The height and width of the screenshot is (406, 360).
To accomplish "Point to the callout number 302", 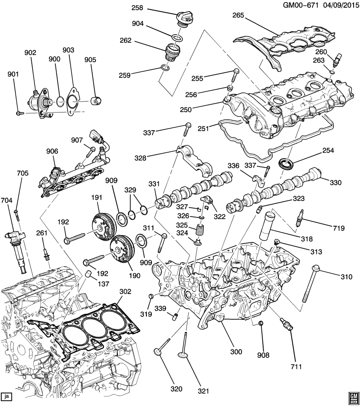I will click(x=126, y=291).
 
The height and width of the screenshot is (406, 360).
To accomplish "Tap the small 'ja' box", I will click(x=6, y=397).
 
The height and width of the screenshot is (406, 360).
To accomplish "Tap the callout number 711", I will click(x=297, y=366).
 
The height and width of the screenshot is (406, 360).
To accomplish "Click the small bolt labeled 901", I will click(x=19, y=113).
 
